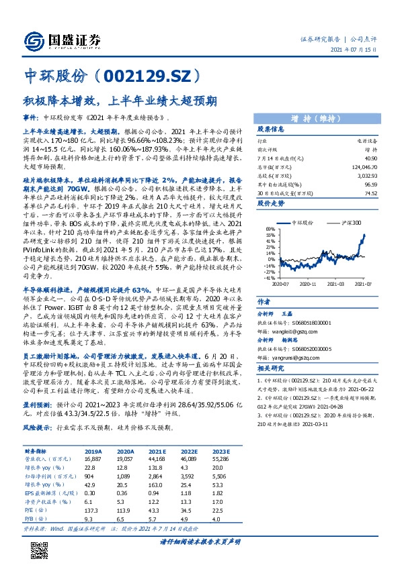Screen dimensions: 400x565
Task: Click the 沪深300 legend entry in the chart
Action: pyautogui.click(x=352, y=221)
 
